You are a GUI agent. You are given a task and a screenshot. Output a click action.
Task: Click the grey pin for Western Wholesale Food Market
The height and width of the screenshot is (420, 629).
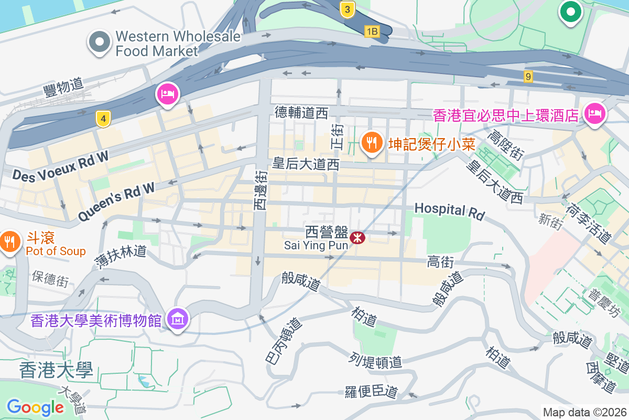coord(99,43)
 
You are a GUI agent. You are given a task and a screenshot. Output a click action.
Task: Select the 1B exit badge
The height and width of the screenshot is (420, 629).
coord(372,32)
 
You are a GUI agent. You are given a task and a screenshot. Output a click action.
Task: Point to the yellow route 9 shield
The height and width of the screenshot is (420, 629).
coord(528,77)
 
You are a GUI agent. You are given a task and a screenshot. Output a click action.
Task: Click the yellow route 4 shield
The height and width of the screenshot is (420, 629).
coord(103,119)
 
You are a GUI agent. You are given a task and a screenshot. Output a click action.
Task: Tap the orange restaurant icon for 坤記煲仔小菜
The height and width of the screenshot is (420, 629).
coord(372,143)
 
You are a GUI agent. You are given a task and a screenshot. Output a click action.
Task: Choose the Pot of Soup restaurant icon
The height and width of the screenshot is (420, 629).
coord(10,242)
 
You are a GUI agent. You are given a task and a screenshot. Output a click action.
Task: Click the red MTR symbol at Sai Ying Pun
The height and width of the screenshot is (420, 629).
coord(358,238)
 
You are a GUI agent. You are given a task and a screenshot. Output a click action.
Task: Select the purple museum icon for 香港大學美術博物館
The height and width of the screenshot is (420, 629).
coord(178,318)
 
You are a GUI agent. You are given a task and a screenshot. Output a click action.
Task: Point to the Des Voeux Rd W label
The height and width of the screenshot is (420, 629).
coord(61,166)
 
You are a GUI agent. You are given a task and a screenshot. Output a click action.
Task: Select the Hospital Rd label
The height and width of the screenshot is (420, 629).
coord(449,211)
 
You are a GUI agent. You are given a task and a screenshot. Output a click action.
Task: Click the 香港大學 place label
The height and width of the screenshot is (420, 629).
coord(56,370)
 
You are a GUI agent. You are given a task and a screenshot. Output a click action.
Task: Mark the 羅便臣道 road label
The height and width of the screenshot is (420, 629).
coord(371,392)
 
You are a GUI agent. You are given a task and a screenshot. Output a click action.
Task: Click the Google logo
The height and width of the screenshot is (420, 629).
coord(35,407)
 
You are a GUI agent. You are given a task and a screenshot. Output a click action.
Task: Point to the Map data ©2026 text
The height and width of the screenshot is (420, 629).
coord(584,412)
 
